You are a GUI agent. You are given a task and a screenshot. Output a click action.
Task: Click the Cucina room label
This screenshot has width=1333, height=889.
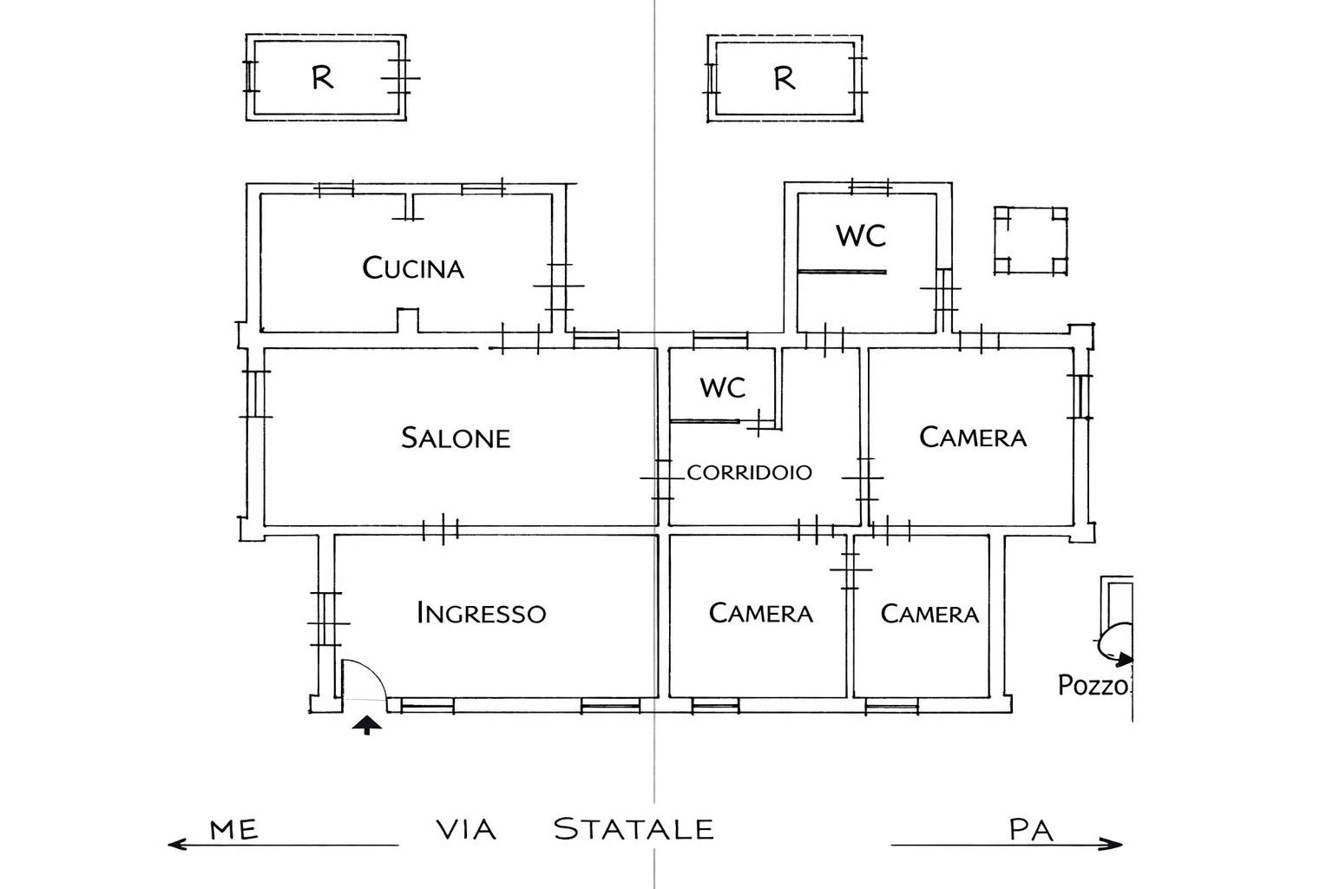[x=413, y=268]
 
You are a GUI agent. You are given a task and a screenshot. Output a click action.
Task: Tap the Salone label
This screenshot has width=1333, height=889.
[x=456, y=438]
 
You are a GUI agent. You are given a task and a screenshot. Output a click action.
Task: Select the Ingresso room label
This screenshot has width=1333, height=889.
[x=482, y=613]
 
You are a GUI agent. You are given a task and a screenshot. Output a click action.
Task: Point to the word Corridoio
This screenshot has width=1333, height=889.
[x=749, y=473]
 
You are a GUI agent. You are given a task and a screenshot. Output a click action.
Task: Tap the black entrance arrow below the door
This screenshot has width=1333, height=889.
[x=366, y=725]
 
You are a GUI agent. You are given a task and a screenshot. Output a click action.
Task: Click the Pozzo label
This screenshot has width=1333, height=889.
[x=1093, y=686]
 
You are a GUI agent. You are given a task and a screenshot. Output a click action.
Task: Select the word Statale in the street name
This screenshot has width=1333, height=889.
[x=634, y=829]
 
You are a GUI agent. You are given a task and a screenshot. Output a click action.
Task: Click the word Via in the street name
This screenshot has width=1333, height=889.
[x=466, y=829]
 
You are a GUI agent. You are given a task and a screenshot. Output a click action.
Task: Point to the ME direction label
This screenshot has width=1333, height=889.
[x=233, y=829]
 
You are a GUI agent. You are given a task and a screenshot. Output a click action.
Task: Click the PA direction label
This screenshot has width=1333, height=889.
[x=1031, y=829]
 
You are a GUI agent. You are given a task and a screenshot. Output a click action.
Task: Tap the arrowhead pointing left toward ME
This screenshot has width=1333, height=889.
[x=177, y=845]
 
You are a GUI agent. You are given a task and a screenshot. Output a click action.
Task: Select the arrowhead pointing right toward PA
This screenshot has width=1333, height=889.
[x=1112, y=844]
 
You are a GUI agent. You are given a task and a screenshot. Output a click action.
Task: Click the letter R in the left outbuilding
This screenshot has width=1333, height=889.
[x=323, y=77]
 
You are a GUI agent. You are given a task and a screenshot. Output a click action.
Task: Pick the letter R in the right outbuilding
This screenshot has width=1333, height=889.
[x=785, y=78]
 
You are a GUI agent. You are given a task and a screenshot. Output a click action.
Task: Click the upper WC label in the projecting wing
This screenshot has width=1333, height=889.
[x=861, y=236]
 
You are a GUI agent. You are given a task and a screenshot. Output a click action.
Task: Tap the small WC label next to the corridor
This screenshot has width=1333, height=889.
[x=722, y=387]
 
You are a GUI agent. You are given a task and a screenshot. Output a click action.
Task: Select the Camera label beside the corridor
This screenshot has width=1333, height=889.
[x=973, y=438]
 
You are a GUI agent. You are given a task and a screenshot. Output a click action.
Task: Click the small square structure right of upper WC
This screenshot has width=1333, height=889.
[x=1030, y=240]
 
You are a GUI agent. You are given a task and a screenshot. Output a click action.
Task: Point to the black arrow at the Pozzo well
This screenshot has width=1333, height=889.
[x=1124, y=660]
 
